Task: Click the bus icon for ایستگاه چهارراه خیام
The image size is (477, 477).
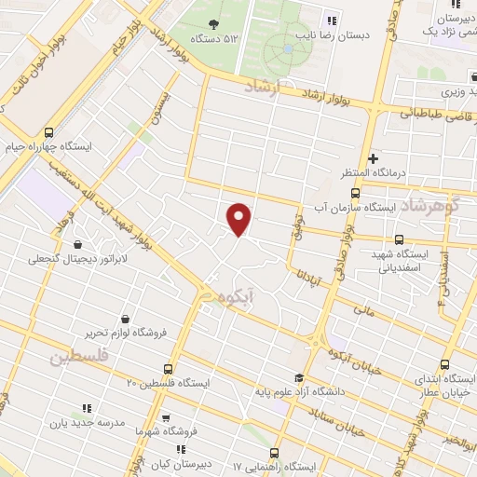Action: [49, 132]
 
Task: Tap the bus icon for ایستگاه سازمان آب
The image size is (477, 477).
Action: [328, 208]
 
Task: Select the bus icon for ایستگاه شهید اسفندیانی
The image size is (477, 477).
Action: [400, 238]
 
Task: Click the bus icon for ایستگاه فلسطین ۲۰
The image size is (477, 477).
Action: [168, 369]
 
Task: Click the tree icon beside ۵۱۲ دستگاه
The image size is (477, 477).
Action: [214, 23]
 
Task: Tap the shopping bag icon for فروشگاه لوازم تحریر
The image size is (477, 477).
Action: [124, 318]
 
